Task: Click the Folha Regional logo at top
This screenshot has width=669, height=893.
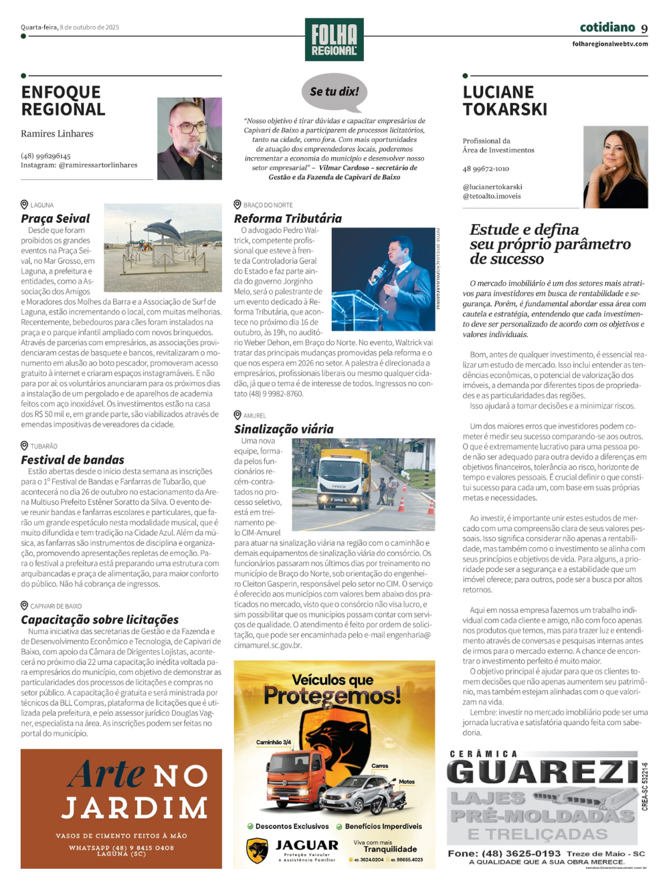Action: [334, 39]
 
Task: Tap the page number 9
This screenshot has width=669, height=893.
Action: [644, 28]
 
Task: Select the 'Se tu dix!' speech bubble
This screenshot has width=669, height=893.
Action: [334, 92]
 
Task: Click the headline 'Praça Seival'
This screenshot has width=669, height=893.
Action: [56, 219]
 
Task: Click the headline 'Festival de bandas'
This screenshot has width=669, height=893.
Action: [72, 460]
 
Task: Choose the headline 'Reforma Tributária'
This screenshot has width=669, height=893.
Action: [288, 219]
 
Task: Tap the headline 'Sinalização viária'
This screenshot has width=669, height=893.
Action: [284, 429]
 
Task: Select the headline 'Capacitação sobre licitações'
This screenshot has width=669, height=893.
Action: [100, 619]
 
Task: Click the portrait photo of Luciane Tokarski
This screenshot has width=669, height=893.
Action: [615, 167]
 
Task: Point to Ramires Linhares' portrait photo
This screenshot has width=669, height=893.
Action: [189, 138]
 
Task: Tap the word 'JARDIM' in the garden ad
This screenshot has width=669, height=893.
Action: [135, 807]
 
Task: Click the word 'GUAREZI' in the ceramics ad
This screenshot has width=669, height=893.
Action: [542, 772]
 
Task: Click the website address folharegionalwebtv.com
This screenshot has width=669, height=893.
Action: [610, 44]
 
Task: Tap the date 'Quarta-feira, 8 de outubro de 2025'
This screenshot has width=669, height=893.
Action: [70, 27]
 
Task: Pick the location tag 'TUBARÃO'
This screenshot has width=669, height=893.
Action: [44, 446]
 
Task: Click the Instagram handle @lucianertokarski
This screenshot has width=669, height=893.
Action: [492, 187]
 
